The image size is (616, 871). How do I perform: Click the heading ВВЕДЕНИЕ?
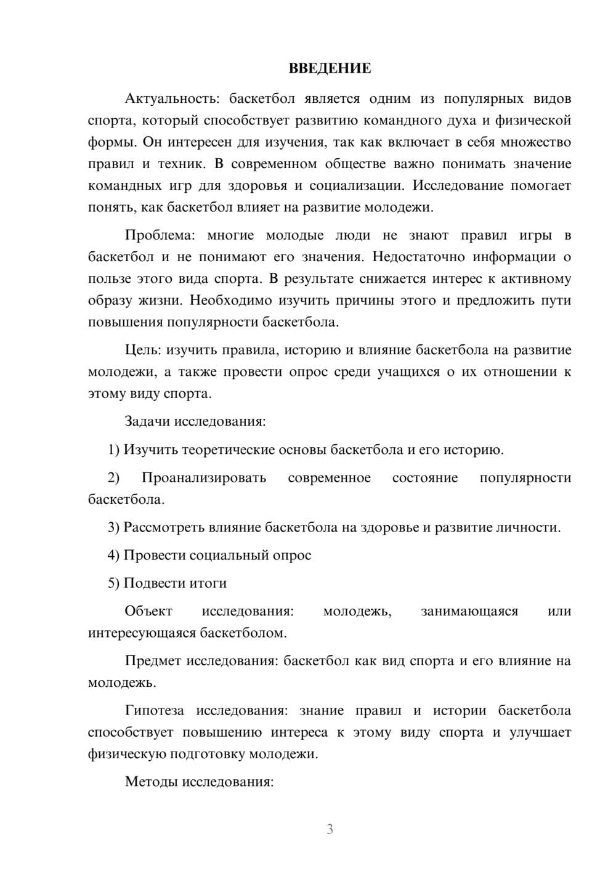(330, 68)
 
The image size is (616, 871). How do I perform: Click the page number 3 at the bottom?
(330, 829)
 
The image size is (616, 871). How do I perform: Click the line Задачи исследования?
(195, 421)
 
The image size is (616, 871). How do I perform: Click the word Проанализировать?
(203, 477)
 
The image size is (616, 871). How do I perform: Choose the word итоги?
(208, 583)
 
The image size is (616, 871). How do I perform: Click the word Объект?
(148, 611)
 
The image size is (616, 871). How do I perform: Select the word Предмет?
(153, 661)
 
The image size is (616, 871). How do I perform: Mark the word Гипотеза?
(155, 710)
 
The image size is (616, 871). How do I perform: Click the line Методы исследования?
(199, 782)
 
